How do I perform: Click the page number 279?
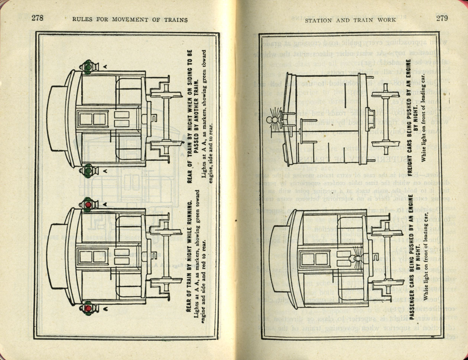point(442,18)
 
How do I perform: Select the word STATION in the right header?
point(319,20)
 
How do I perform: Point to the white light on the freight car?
point(270,120)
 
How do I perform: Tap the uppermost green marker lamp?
point(88,67)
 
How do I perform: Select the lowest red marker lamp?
point(88,308)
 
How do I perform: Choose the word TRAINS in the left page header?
point(174,20)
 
